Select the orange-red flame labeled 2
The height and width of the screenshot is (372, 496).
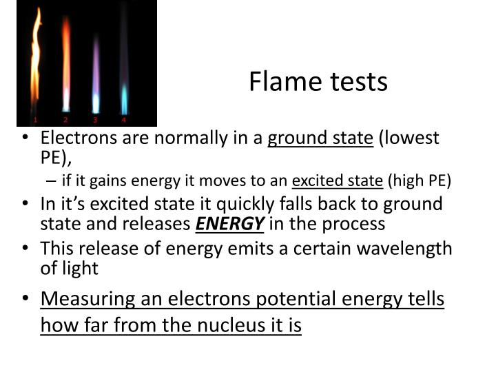[66, 65]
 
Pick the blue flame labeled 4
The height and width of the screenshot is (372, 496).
[124, 96]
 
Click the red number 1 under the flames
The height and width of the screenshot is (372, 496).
[34, 119]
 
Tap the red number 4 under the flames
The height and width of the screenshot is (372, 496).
[124, 119]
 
